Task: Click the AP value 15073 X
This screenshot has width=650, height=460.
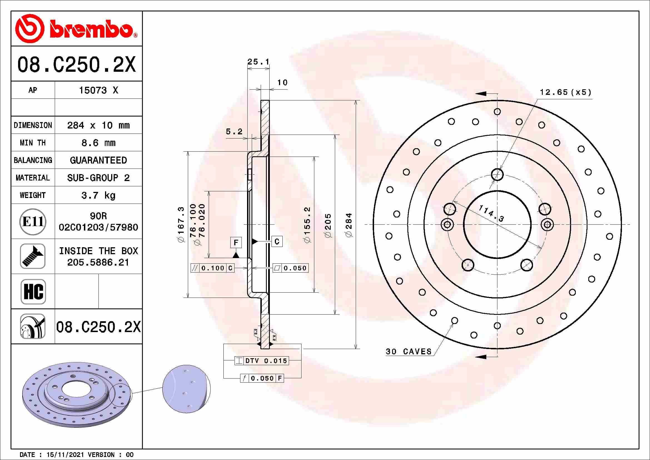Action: tap(98, 90)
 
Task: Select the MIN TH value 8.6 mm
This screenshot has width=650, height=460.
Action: tap(98, 143)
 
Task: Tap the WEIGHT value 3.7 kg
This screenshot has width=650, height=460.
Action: tap(98, 196)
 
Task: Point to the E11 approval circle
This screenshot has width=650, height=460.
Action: tap(33, 221)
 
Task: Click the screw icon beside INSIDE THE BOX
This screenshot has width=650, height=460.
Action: tap(33, 256)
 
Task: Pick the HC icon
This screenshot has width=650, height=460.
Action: tap(33, 291)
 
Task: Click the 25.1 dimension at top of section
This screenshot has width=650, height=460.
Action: tap(258, 61)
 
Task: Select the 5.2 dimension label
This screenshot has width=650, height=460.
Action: tap(234, 132)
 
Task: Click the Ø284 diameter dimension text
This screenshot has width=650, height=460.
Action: tap(349, 225)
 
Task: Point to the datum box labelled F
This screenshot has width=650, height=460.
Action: tap(236, 243)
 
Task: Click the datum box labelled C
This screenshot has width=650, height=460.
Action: tap(277, 241)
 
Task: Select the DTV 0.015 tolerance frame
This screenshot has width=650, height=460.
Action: tap(262, 361)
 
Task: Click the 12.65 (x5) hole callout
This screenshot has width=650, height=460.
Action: tap(565, 92)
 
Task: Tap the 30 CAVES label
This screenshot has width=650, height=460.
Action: tap(409, 352)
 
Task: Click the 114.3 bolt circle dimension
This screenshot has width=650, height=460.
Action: tap(491, 213)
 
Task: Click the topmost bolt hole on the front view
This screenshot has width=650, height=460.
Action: tap(497, 174)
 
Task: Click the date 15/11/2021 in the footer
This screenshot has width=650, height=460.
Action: tap(65, 455)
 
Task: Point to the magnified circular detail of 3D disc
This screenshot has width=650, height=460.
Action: tap(186, 389)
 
